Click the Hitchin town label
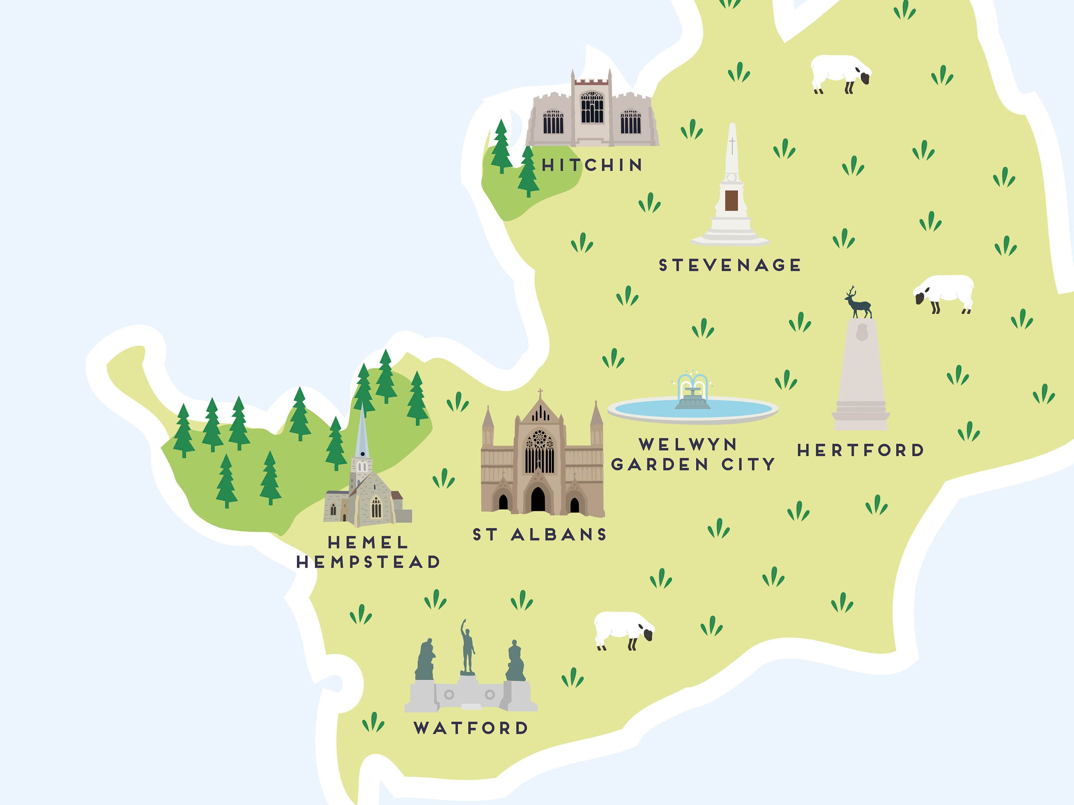pos(592,165)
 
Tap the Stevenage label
pos(729,265)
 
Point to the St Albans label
pos(539,534)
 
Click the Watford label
pos(471,728)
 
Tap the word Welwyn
pos(688,444)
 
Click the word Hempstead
pos(368,562)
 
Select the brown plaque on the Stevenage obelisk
pos(731,200)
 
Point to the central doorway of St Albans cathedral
pos(538,499)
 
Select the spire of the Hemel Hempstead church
pos(361,432)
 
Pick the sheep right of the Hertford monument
pos(944,293)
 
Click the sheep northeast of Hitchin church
pos(840,73)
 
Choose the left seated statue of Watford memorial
pos(425,660)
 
